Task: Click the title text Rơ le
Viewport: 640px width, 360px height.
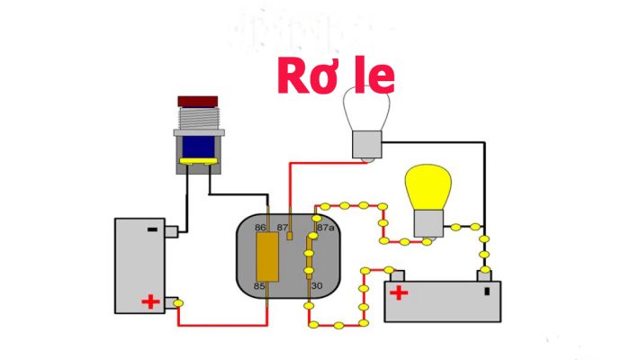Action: [x=336, y=76]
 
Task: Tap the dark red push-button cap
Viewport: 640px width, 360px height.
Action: [x=197, y=102]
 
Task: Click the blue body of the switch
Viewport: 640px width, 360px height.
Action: [x=198, y=147]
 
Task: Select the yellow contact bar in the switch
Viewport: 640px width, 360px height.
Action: [x=198, y=162]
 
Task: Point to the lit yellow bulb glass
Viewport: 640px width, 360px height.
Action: [x=428, y=187]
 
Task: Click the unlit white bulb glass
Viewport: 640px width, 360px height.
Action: [x=366, y=110]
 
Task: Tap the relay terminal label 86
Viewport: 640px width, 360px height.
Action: [x=260, y=228]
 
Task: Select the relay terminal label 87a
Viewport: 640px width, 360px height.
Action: [x=326, y=228]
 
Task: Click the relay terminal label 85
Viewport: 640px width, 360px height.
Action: [x=259, y=286]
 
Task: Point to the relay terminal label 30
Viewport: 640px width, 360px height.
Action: [x=317, y=286]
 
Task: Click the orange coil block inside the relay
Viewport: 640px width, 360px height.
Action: [x=267, y=257]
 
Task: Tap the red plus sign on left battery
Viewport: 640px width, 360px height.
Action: [x=150, y=301]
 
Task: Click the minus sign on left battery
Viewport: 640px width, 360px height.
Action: [x=152, y=229]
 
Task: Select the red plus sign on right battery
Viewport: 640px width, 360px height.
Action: [x=399, y=292]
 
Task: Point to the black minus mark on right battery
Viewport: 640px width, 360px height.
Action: [x=487, y=292]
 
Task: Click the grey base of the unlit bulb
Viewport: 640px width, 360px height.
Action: [x=367, y=145]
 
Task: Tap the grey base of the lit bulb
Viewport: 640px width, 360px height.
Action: [x=428, y=224]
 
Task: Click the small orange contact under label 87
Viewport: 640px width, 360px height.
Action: [x=290, y=236]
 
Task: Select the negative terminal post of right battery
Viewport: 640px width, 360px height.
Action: [x=484, y=275]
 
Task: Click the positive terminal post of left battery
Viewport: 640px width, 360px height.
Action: [x=171, y=303]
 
